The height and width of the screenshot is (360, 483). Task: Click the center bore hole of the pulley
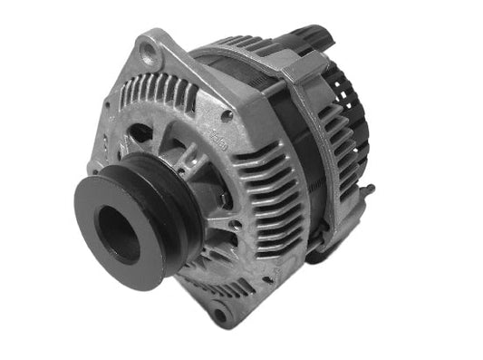pos(118,233)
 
